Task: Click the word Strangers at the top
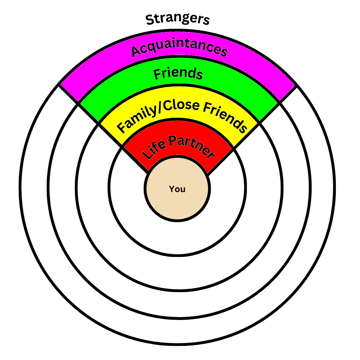point(178,19)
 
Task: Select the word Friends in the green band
point(178,73)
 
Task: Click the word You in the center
point(177,189)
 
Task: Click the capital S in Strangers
point(150,20)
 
